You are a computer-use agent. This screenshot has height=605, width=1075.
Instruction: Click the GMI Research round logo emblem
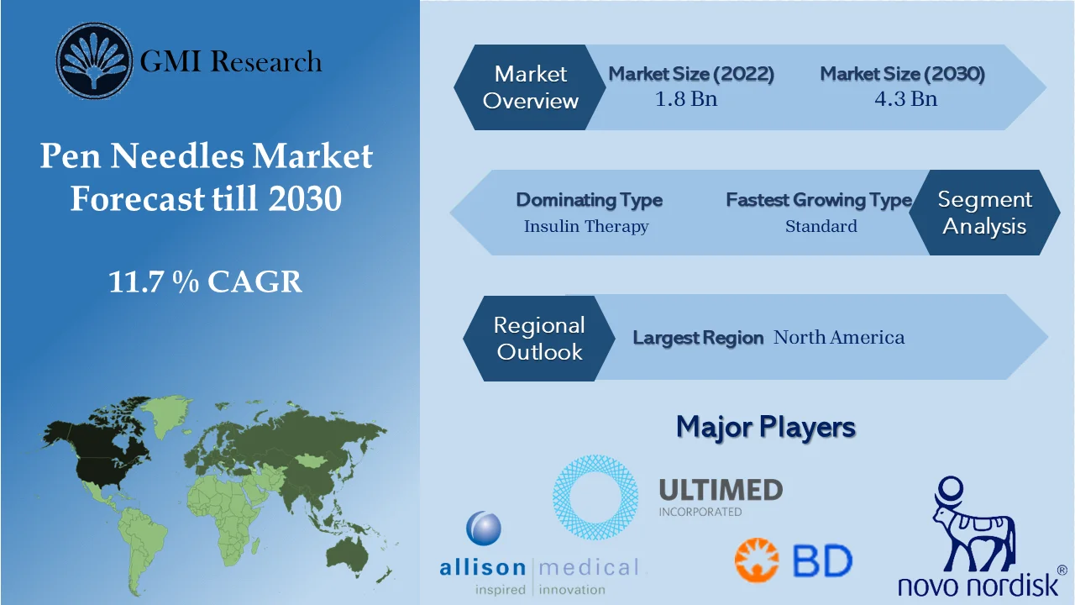[94, 61]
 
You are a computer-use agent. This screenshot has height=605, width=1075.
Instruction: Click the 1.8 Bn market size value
[686, 99]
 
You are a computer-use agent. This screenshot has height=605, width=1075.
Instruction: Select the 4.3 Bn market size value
[905, 99]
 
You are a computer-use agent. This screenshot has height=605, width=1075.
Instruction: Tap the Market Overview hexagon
[530, 87]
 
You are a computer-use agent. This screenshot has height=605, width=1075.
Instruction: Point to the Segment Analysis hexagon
[985, 213]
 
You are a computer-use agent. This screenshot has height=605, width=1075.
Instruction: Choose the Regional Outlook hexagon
[539, 338]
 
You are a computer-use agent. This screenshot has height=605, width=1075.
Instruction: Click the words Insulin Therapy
[586, 226]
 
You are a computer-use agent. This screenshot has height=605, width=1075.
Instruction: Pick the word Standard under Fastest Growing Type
[821, 226]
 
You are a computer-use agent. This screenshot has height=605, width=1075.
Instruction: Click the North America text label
[839, 337]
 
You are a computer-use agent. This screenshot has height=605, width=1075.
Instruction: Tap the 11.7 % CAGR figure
[206, 281]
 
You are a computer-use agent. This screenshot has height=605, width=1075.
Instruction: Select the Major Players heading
[766, 427]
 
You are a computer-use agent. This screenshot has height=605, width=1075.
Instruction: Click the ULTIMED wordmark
[721, 490]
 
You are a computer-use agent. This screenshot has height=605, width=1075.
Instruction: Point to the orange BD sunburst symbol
[757, 560]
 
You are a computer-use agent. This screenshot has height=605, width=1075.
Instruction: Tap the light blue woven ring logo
[595, 497]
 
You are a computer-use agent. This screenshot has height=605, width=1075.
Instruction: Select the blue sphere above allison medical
[484, 529]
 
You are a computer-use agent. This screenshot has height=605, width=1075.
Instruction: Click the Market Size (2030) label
[902, 73]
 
